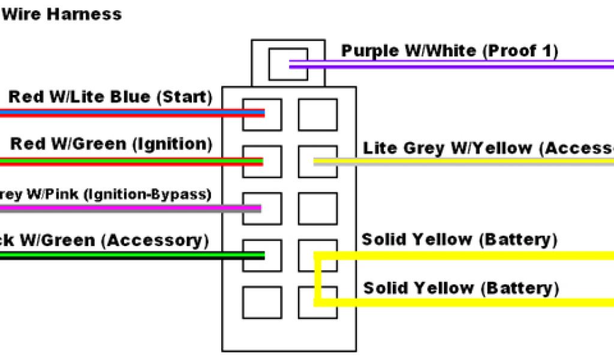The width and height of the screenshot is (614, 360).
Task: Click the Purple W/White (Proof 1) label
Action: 450,51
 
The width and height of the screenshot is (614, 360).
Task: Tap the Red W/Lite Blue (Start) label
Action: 110,97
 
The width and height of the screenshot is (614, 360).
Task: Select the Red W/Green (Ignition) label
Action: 112,144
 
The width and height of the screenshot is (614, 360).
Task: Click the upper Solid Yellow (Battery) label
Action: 459,240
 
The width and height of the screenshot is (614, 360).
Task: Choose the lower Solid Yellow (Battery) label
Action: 461,288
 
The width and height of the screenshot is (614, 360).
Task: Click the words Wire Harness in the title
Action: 61,13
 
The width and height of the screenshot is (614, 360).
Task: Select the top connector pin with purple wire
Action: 287,64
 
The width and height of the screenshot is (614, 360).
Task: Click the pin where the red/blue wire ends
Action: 262,114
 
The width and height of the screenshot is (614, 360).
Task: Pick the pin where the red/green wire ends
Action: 262,161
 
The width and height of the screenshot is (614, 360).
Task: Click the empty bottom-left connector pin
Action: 262,302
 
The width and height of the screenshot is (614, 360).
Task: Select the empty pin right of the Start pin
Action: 317,114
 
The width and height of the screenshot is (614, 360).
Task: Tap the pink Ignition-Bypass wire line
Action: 120,208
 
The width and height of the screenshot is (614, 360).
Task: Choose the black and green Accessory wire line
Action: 120,256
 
